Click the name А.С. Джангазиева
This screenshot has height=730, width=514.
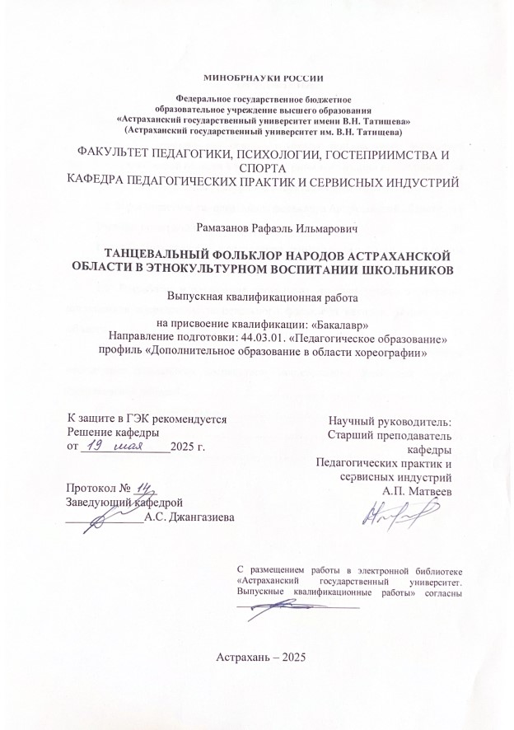tap(188, 517)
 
